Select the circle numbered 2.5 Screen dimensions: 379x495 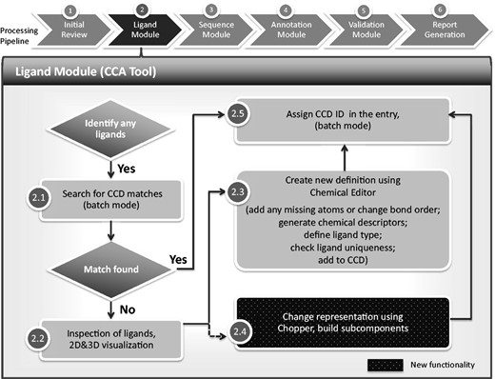point(238,115)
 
